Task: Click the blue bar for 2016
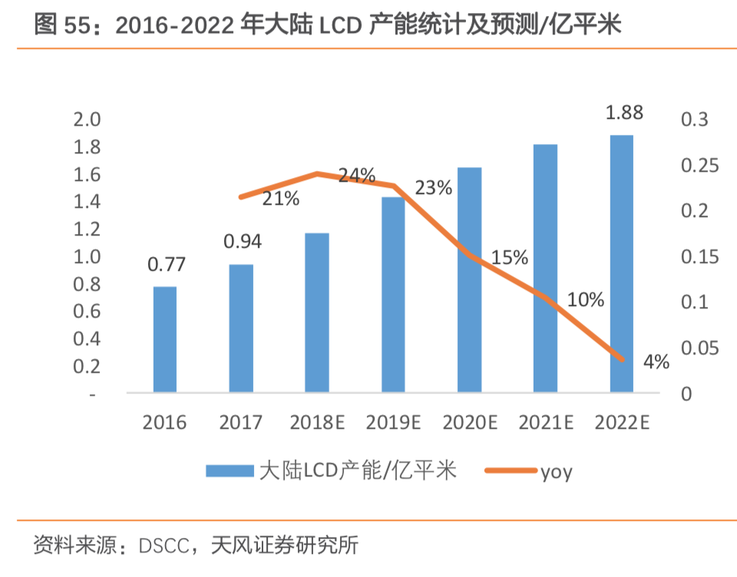164,339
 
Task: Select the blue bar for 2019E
393,295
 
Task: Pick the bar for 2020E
469,279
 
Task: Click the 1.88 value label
624,113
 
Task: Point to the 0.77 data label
167,265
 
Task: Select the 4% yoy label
656,362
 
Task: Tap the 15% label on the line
510,258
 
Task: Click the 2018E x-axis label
316,423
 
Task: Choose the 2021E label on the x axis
546,423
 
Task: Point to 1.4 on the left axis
86,202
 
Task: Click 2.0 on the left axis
86,120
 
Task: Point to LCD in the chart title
342,26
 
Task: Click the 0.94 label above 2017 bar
243,242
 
